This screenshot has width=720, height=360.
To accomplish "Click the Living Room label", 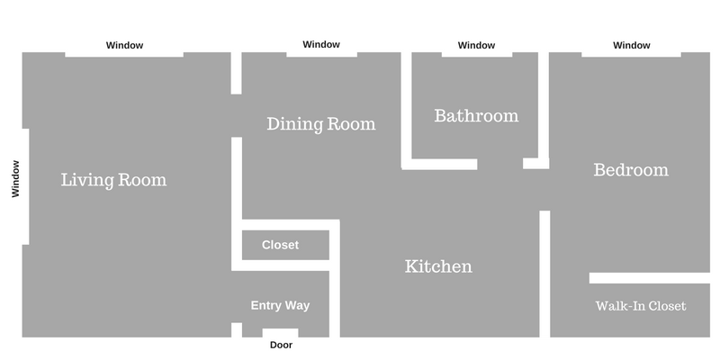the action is click(x=114, y=179).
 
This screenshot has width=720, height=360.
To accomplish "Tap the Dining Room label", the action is click(x=321, y=123).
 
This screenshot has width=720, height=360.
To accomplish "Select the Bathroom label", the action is click(x=476, y=115).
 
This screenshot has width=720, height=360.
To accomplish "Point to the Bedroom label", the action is click(x=631, y=169).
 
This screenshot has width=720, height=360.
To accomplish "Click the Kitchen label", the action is click(x=438, y=266).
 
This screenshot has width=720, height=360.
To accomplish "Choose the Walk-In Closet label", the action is click(x=641, y=306).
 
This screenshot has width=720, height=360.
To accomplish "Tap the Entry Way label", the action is click(x=280, y=305).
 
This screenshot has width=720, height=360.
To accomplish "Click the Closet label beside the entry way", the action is click(x=280, y=245).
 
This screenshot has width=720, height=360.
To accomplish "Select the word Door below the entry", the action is click(x=281, y=345).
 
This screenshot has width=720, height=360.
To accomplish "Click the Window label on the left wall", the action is click(x=15, y=178).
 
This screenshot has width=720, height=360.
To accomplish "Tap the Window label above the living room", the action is click(x=124, y=45).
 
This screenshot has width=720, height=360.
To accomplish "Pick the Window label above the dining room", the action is click(x=321, y=44).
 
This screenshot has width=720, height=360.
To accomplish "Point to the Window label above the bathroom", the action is click(x=476, y=45).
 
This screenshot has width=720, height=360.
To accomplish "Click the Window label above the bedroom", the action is click(x=632, y=45).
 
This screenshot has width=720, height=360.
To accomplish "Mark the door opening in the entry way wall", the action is click(x=280, y=333).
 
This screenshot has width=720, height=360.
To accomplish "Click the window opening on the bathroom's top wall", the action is click(x=477, y=55).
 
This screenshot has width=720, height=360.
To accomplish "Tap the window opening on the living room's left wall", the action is click(x=26, y=186).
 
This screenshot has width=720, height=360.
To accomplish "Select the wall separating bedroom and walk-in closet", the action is click(x=649, y=278).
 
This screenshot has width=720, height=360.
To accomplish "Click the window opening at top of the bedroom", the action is click(x=632, y=55).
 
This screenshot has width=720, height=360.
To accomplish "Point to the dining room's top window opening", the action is click(x=322, y=55).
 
